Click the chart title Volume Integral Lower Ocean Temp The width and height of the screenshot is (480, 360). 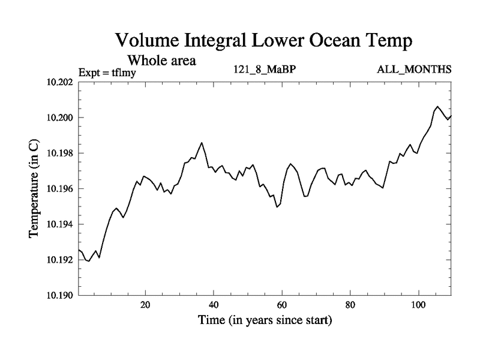[x=264, y=41]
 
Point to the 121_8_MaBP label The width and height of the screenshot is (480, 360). [x=265, y=70]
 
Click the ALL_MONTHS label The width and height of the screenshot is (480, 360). [x=414, y=70]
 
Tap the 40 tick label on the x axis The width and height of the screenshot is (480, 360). [x=214, y=304]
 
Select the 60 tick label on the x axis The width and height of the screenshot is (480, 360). [x=281, y=304]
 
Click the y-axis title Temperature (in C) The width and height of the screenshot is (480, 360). [x=34, y=188]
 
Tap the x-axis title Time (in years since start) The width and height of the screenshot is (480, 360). [x=265, y=320]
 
